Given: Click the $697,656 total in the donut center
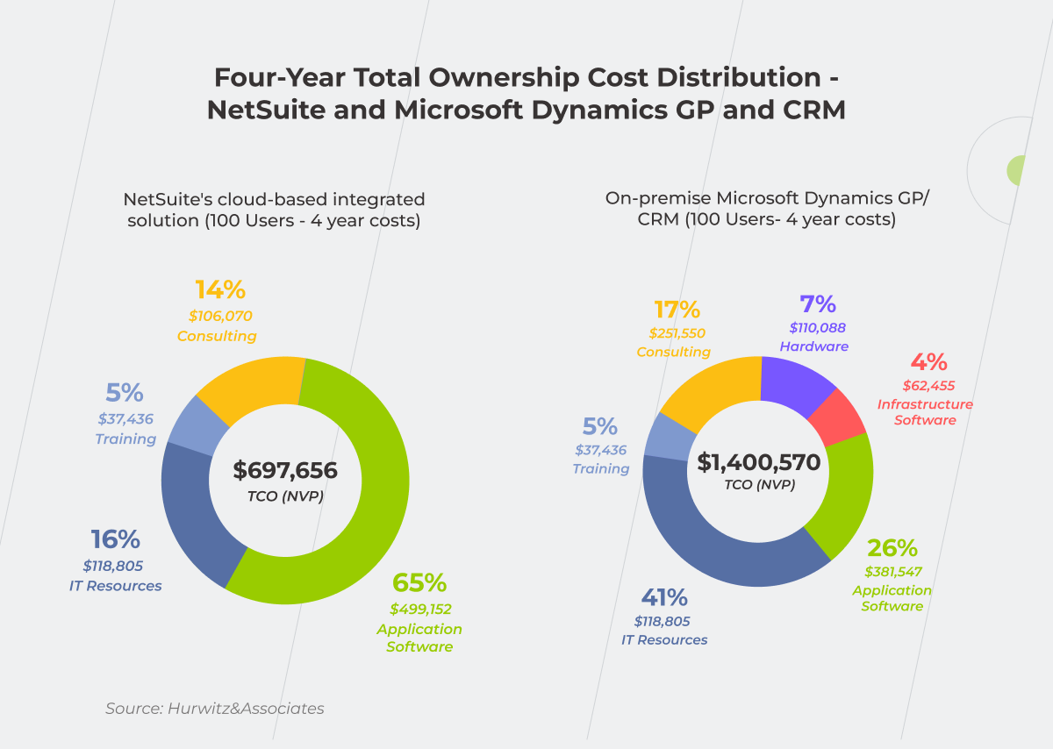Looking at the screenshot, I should pyautogui.click(x=285, y=470).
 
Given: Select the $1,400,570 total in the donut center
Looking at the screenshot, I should pyautogui.click(x=758, y=462).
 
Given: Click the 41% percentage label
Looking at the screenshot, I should pyautogui.click(x=663, y=598).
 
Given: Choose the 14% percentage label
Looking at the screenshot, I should pyautogui.click(x=219, y=289).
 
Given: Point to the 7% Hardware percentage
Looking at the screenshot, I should pyautogui.click(x=817, y=304).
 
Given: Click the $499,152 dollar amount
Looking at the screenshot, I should pyautogui.click(x=420, y=609).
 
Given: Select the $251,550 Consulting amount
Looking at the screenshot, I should pyautogui.click(x=677, y=333).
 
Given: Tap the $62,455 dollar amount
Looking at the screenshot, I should pyautogui.click(x=928, y=385).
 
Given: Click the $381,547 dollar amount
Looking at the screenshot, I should pyautogui.click(x=892, y=573).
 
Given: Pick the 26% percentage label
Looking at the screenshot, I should pyautogui.click(x=892, y=548).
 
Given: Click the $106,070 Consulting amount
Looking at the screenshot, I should pyautogui.click(x=219, y=316).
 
